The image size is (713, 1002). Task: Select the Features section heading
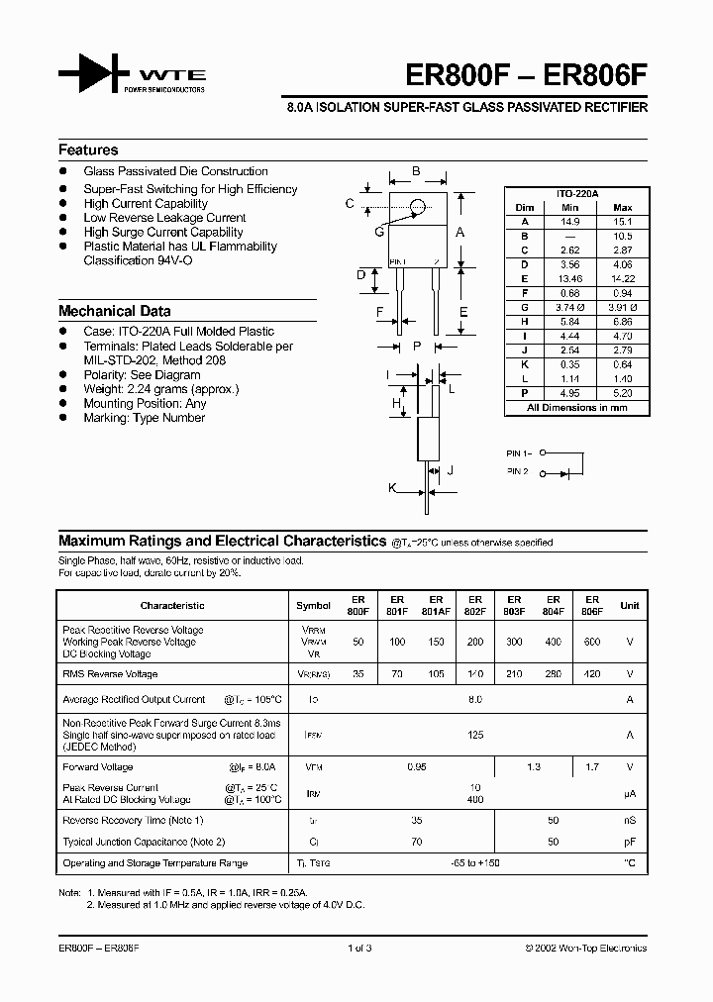(88, 150)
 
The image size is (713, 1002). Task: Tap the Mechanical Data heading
(114, 311)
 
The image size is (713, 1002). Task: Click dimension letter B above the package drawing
(416, 171)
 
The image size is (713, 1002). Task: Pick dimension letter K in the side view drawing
(392, 488)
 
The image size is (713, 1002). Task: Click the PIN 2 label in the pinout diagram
(518, 471)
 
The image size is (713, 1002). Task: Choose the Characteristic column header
(172, 605)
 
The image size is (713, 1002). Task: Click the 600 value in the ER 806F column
(592, 643)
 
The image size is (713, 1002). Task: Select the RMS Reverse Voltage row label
(110, 674)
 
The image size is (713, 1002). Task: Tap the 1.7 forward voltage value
(592, 767)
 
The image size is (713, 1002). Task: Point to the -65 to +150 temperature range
(474, 864)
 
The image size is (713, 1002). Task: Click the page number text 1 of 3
(358, 949)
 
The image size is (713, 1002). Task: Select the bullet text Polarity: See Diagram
(142, 375)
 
